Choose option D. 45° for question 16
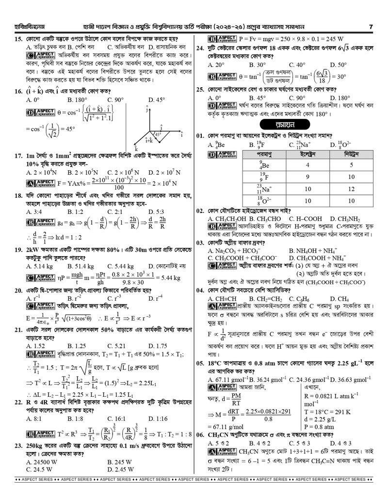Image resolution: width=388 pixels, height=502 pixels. (158, 100)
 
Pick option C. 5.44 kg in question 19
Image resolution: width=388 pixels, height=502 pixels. (118, 266)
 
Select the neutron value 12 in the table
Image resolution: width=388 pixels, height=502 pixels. (345, 189)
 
